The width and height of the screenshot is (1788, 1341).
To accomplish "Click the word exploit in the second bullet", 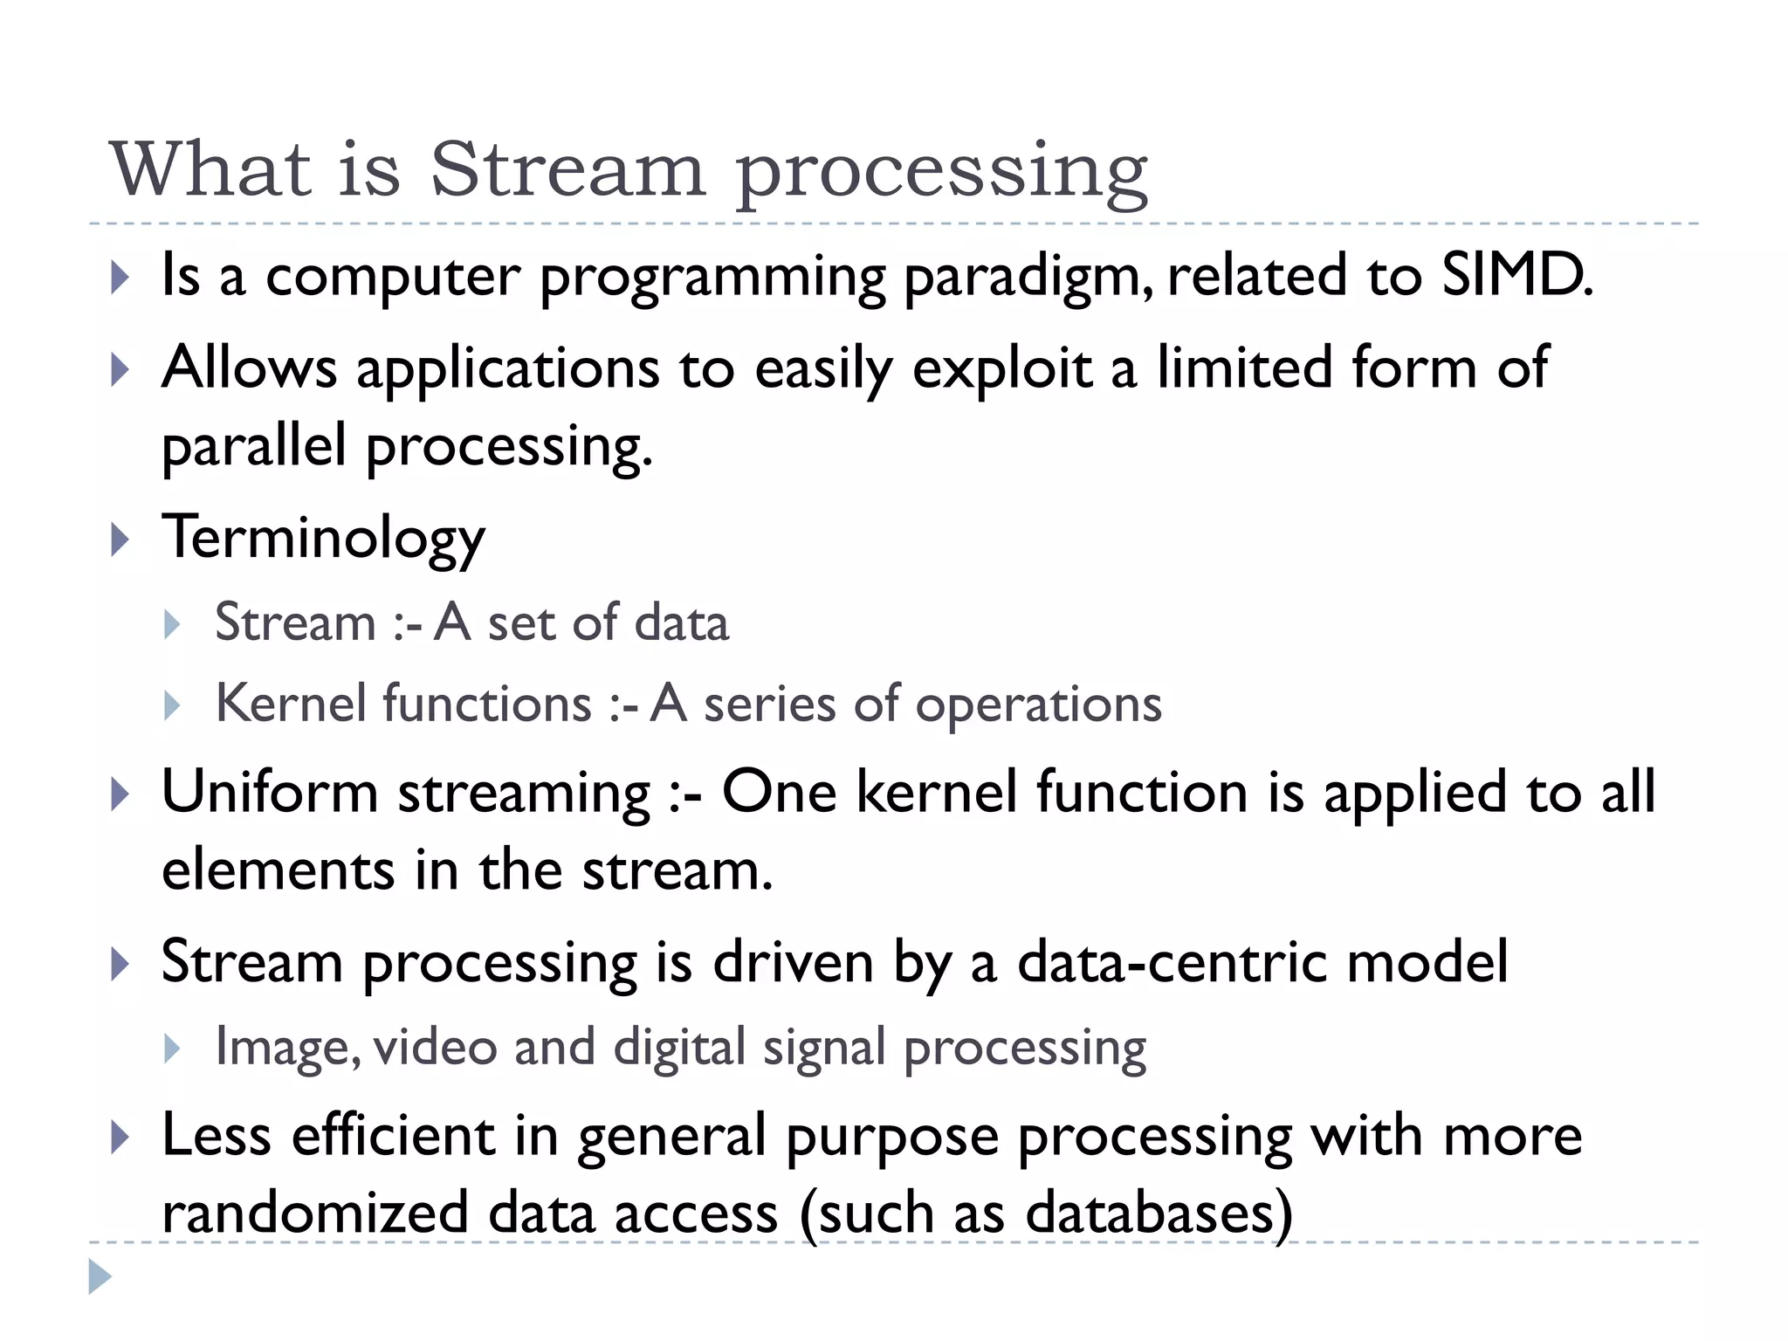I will point(1001,368).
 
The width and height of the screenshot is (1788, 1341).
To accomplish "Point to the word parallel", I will point(254,445).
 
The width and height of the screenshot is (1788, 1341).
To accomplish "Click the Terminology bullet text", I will point(323,538).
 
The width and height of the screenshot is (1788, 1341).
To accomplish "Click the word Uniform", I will point(270,793).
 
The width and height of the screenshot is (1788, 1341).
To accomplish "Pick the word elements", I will point(278,870).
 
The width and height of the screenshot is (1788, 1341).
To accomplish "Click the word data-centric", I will point(1173,962).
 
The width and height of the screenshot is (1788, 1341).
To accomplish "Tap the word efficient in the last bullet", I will point(393,1135).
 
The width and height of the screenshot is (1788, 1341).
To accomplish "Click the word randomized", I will point(315,1214).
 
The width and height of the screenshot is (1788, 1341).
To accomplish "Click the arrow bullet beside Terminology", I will point(120,540).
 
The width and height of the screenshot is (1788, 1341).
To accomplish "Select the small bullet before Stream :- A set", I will point(172,624).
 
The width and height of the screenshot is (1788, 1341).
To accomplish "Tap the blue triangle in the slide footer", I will point(100,1277).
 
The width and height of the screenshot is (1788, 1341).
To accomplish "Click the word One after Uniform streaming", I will point(779,793).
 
